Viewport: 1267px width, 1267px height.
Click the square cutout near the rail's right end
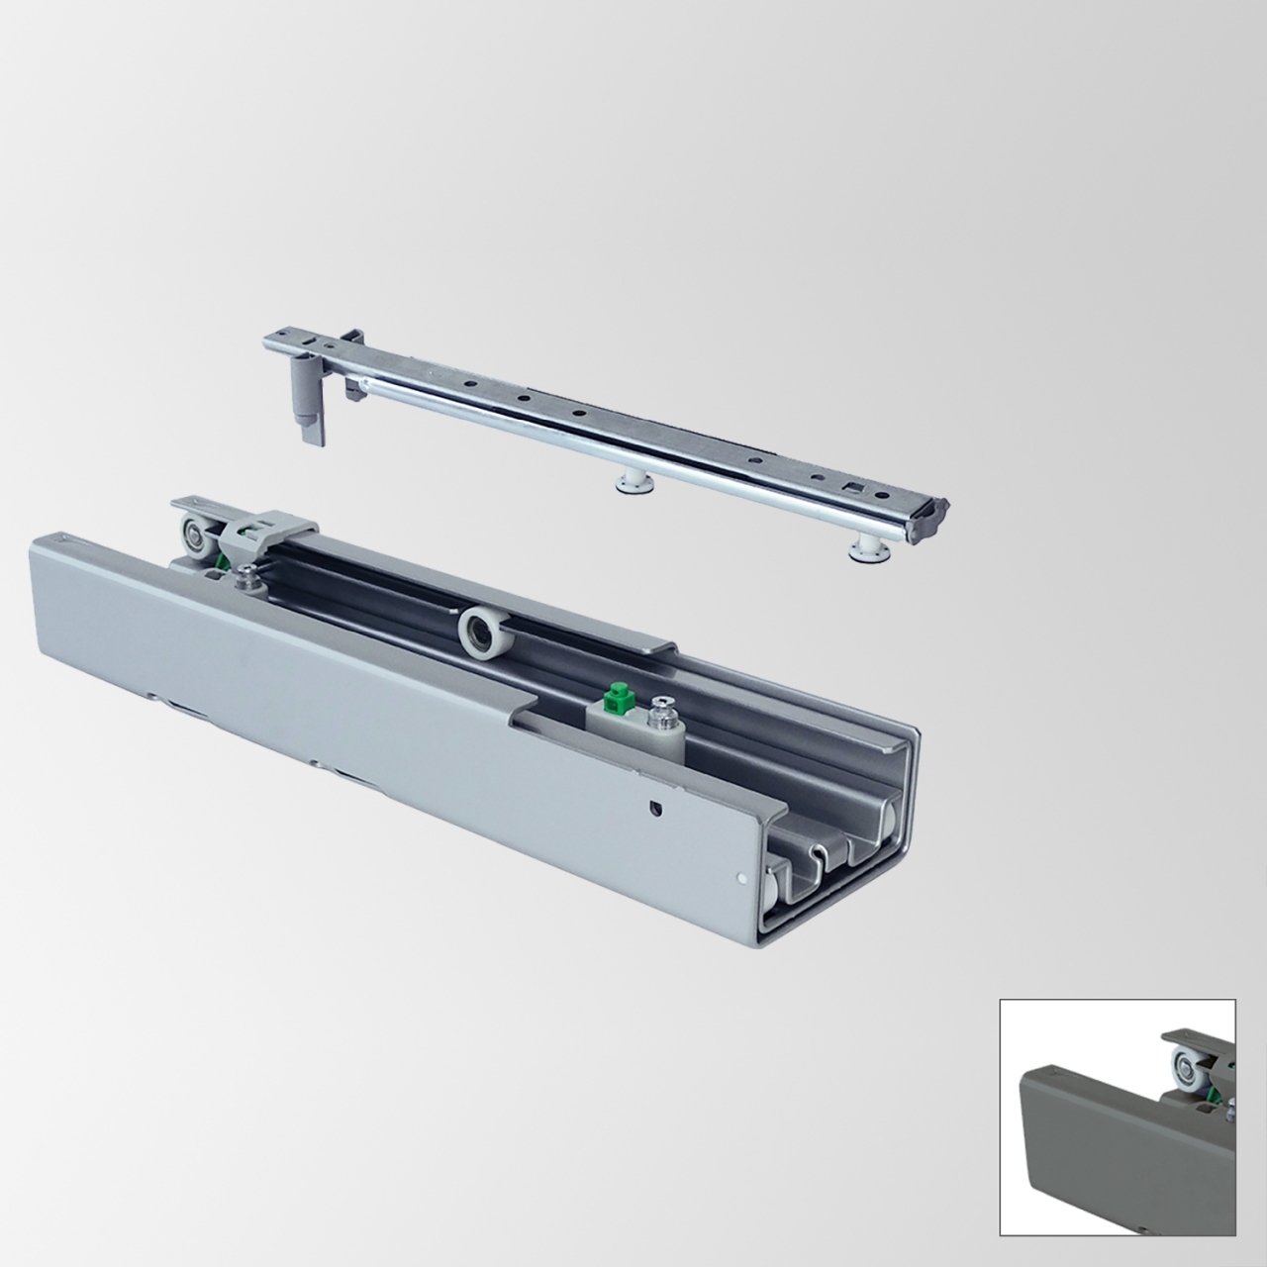[849, 486]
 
